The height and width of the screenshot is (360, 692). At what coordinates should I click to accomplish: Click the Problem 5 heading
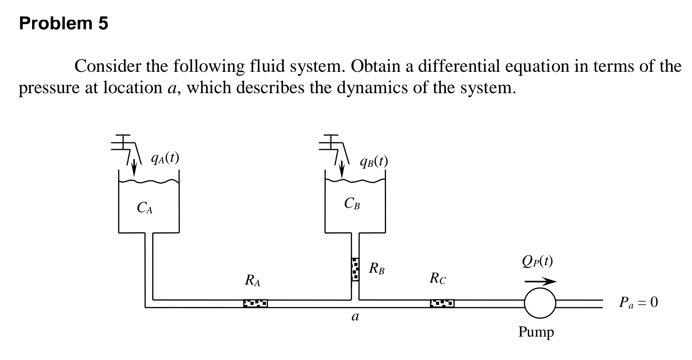click(x=63, y=24)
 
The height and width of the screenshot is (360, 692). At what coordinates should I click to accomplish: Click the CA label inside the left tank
click(x=145, y=208)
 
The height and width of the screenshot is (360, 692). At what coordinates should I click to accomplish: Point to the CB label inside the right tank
click(x=352, y=204)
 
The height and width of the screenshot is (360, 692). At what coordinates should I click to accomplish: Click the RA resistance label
click(x=252, y=281)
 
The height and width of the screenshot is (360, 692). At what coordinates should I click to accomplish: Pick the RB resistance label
click(x=377, y=269)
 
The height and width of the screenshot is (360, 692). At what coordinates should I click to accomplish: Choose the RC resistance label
click(x=438, y=279)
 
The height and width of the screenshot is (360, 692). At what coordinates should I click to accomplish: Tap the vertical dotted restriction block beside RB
click(x=355, y=269)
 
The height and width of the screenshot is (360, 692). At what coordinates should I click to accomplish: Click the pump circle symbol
click(x=540, y=303)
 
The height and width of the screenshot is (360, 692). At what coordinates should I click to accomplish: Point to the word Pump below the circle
click(x=536, y=331)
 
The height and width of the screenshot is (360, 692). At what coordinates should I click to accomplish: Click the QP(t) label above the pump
click(x=537, y=261)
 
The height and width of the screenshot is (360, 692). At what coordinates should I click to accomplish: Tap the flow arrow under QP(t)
click(x=540, y=281)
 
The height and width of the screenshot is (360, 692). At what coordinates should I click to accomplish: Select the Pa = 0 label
click(x=638, y=303)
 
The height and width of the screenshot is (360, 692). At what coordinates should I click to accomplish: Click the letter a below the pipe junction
click(x=355, y=317)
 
